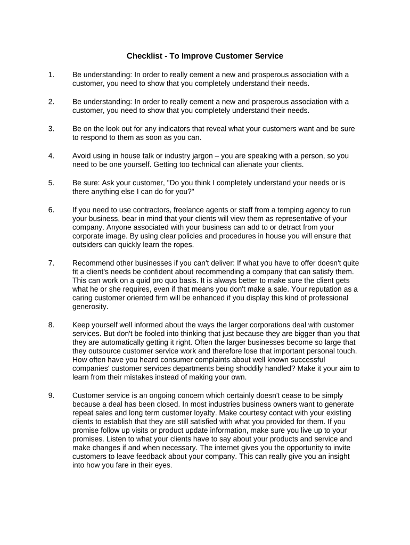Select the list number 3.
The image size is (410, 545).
coord(51,129)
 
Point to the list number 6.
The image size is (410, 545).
coord(51,210)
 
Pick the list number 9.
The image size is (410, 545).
coord(51,395)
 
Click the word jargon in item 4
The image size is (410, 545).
coord(199,156)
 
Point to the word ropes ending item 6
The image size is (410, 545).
coord(182,245)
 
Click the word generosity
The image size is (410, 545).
coord(90,307)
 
